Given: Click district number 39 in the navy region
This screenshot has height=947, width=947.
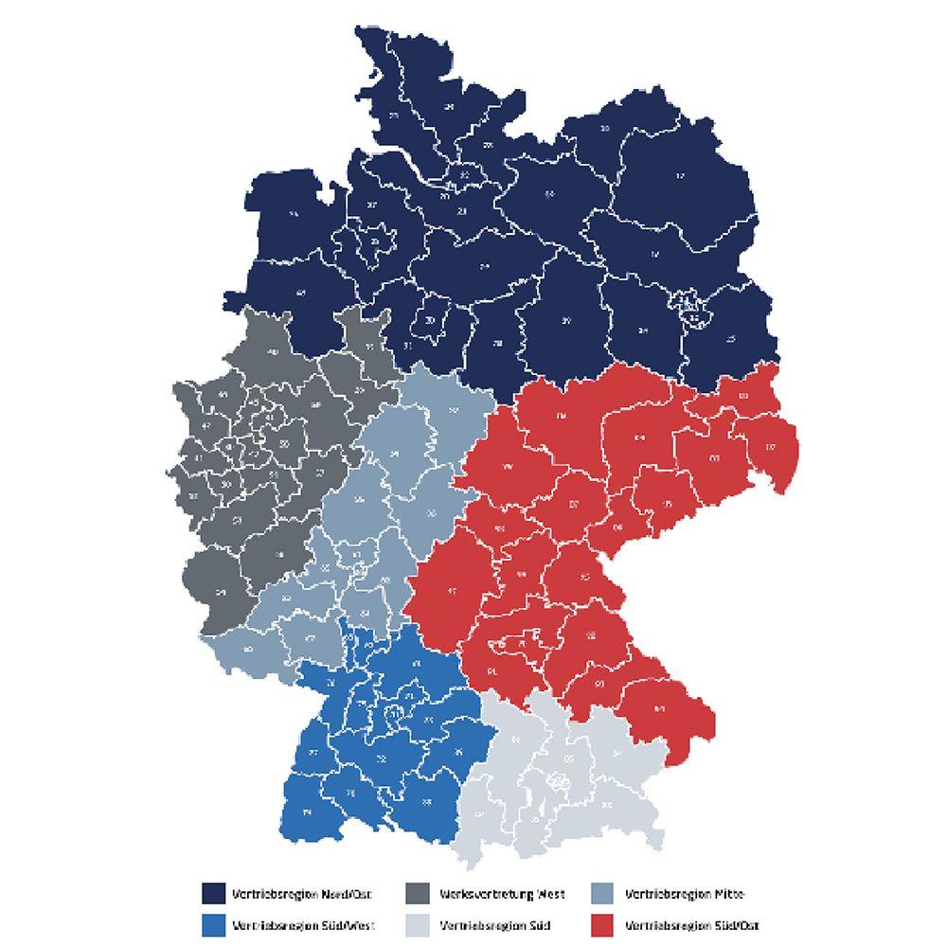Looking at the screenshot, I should (x=566, y=322).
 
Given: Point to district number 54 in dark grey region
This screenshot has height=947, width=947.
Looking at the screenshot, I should (x=222, y=593).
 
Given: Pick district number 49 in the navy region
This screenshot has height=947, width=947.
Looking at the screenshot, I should (x=301, y=293).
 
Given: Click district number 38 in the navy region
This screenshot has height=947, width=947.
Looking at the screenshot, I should (x=499, y=343).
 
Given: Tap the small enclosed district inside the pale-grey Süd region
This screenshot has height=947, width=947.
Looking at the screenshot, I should (x=559, y=782).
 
